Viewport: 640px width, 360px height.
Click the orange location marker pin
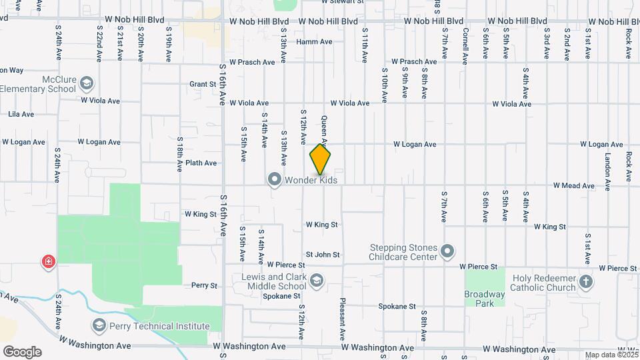pyautogui.click(x=321, y=160)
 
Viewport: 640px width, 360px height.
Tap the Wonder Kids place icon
pyautogui.click(x=274, y=179)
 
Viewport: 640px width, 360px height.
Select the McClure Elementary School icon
pyautogui.click(x=86, y=83)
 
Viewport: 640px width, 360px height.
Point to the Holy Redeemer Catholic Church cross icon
pyautogui.click(x=586, y=281)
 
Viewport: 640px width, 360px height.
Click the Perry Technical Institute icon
pyautogui.click(x=99, y=325)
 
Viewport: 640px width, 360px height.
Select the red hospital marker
pyautogui.click(x=48, y=261)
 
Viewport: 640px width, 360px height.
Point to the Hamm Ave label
pyautogui.click(x=314, y=41)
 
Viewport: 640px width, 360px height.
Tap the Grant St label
pyautogui.click(x=202, y=85)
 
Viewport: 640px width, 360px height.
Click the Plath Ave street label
pyautogui.click(x=201, y=163)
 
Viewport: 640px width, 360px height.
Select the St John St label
pyautogui.click(x=323, y=255)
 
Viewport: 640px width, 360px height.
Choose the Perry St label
pyautogui.click(x=204, y=285)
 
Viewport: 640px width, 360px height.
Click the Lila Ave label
pyautogui.click(x=21, y=114)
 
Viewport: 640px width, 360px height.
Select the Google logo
pyautogui.click(x=22, y=352)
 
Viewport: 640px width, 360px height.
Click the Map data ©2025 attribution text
pyautogui.click(x=611, y=355)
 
